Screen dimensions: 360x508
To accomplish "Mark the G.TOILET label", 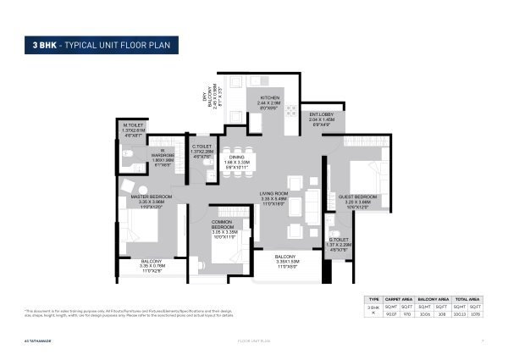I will tap(339, 241).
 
